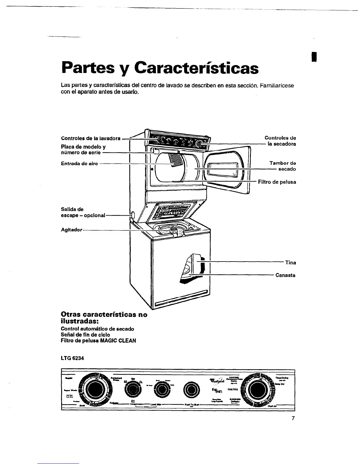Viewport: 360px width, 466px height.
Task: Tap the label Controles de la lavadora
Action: click(x=91, y=138)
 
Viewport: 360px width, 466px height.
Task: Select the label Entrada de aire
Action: click(x=79, y=164)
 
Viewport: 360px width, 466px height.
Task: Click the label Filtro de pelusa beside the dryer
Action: click(x=277, y=182)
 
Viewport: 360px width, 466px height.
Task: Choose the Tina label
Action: click(x=291, y=262)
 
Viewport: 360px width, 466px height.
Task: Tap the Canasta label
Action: click(x=285, y=275)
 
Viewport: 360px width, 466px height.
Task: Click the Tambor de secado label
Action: click(x=283, y=166)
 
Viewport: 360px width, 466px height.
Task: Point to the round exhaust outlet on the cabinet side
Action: click(x=132, y=215)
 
